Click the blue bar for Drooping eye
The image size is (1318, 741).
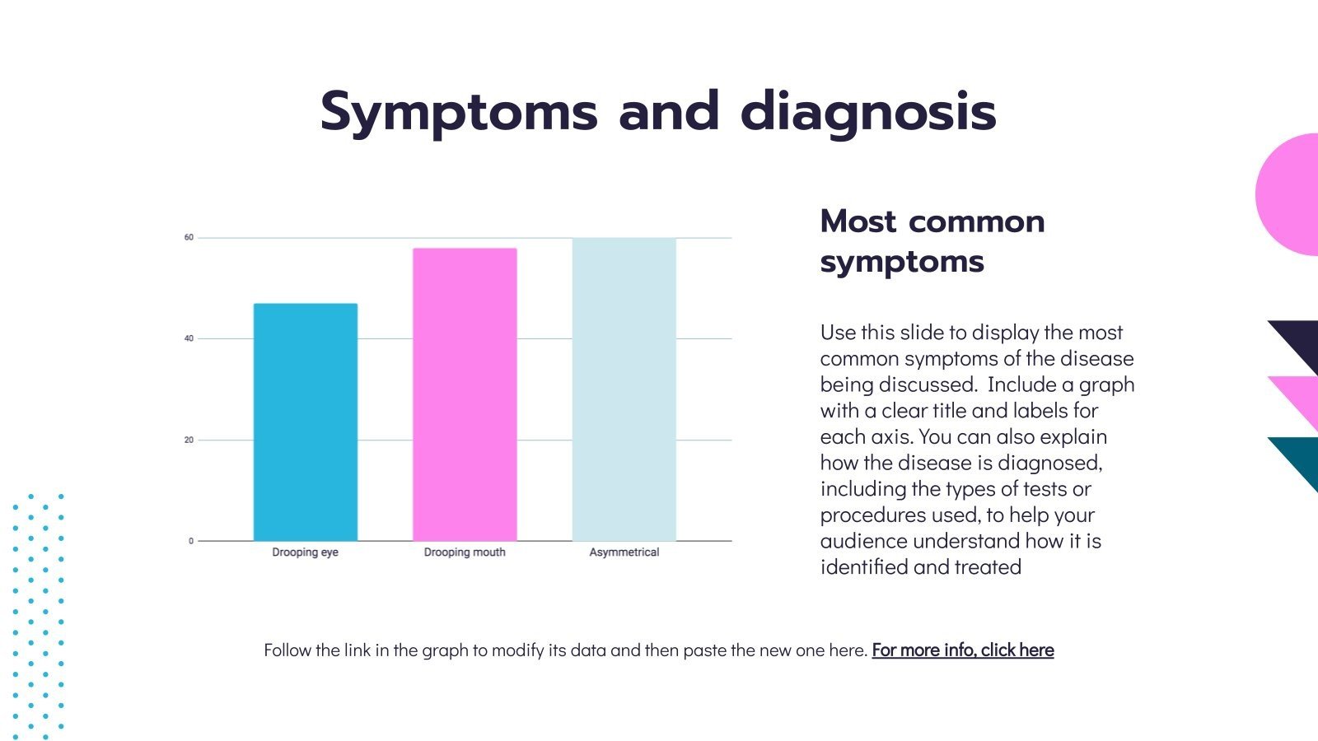(305, 422)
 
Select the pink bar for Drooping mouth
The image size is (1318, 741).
(465, 394)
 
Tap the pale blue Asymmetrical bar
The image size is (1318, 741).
(624, 389)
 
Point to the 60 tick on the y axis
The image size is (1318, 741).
(189, 238)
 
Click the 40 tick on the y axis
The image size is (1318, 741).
(189, 338)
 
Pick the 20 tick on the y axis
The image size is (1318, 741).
(189, 440)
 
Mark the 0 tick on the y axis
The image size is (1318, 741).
(191, 541)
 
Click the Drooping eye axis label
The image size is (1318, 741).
(305, 552)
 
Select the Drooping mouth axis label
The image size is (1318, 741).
(465, 552)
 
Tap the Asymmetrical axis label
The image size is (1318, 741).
(624, 552)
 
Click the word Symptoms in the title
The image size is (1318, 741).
(458, 113)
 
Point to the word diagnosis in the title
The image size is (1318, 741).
(868, 113)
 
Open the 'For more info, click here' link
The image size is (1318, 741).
(962, 650)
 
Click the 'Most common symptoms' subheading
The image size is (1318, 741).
(932, 241)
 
